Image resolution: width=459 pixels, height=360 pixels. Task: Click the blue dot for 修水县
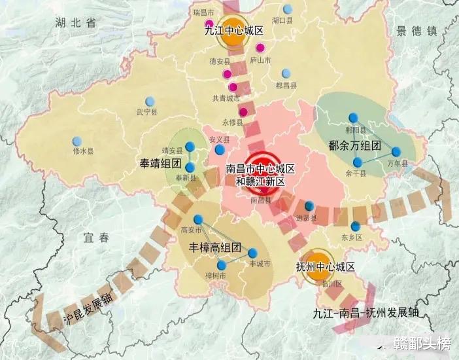point(77,141)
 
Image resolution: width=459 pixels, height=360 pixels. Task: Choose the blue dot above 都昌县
point(285,74)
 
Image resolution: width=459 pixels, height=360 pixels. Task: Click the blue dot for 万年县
point(396,152)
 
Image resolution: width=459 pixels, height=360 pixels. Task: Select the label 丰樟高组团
point(215,249)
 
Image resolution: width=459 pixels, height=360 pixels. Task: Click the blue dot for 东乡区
point(356,226)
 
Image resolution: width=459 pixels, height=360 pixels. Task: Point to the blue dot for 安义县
point(219,150)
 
